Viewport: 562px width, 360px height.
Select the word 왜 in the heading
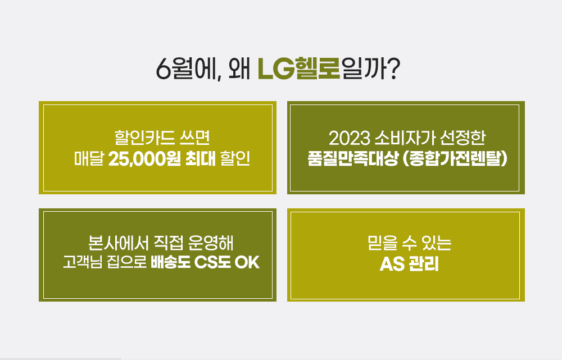click(x=239, y=69)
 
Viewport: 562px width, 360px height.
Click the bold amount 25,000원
click(x=144, y=159)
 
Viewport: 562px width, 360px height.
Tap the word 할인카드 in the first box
click(x=144, y=138)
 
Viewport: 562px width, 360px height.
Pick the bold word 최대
click(x=201, y=159)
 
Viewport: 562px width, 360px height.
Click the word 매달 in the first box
click(x=89, y=159)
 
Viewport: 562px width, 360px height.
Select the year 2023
click(x=350, y=138)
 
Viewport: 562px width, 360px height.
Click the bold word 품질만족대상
click(x=353, y=159)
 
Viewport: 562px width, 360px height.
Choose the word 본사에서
click(x=118, y=243)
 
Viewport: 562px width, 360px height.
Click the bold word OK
click(x=247, y=262)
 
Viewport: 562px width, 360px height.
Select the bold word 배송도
click(x=170, y=262)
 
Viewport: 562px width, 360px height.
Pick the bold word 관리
click(x=424, y=264)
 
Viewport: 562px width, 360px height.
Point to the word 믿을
click(x=382, y=243)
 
